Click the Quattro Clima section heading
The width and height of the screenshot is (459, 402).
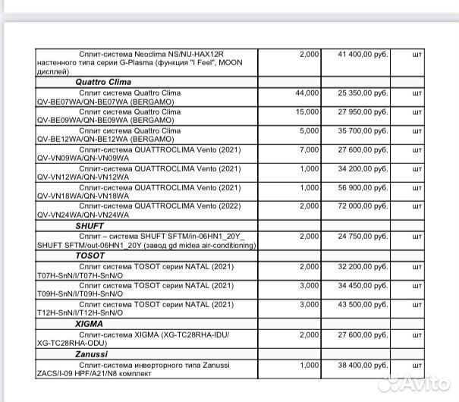(103, 81)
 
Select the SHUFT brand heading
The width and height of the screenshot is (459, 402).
(89, 226)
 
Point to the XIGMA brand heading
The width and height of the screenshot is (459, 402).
(89, 323)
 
